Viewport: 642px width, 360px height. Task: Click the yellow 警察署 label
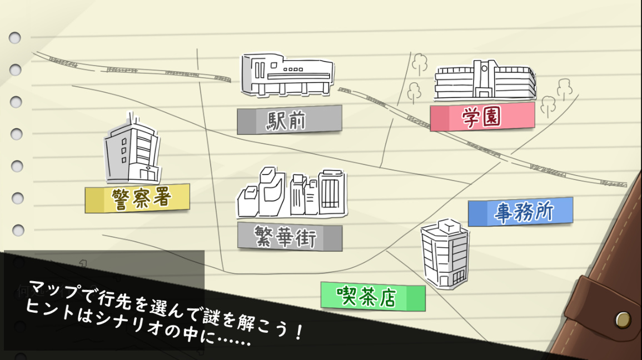click(x=137, y=198)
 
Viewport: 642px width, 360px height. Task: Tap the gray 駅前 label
click(x=289, y=120)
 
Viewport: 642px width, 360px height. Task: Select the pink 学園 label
click(x=482, y=117)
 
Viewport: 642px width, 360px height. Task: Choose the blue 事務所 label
click(x=520, y=212)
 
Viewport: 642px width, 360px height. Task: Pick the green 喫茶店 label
click(x=373, y=297)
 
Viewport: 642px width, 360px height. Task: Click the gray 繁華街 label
click(x=290, y=237)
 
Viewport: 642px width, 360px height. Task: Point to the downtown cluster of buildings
click(x=292, y=194)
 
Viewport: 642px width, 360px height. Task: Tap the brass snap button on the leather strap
click(x=623, y=319)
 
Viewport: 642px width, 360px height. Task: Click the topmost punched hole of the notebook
click(x=15, y=38)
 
